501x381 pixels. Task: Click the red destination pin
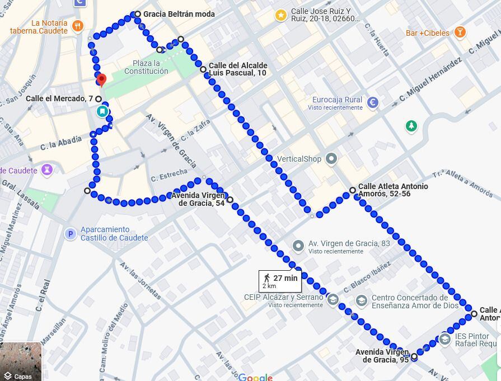point(101,79)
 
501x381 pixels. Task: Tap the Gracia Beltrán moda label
point(179,14)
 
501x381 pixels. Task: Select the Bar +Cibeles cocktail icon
point(460,32)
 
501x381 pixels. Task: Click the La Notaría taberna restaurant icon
point(78,26)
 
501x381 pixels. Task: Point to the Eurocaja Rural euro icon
point(373,102)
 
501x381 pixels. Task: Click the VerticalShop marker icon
point(331,159)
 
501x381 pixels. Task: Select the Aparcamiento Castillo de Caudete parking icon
point(70,234)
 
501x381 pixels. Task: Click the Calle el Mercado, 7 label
point(59,99)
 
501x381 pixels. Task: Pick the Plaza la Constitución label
point(146,67)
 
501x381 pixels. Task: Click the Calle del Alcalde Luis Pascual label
point(238,69)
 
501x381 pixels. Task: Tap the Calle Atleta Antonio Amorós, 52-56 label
point(392,190)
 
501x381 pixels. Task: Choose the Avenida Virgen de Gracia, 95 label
point(382,356)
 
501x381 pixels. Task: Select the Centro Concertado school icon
point(362,301)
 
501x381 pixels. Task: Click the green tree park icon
point(411,126)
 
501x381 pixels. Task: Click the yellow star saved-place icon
point(280,15)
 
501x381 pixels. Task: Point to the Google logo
point(255,377)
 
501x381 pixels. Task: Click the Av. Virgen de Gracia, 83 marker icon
point(298,246)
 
